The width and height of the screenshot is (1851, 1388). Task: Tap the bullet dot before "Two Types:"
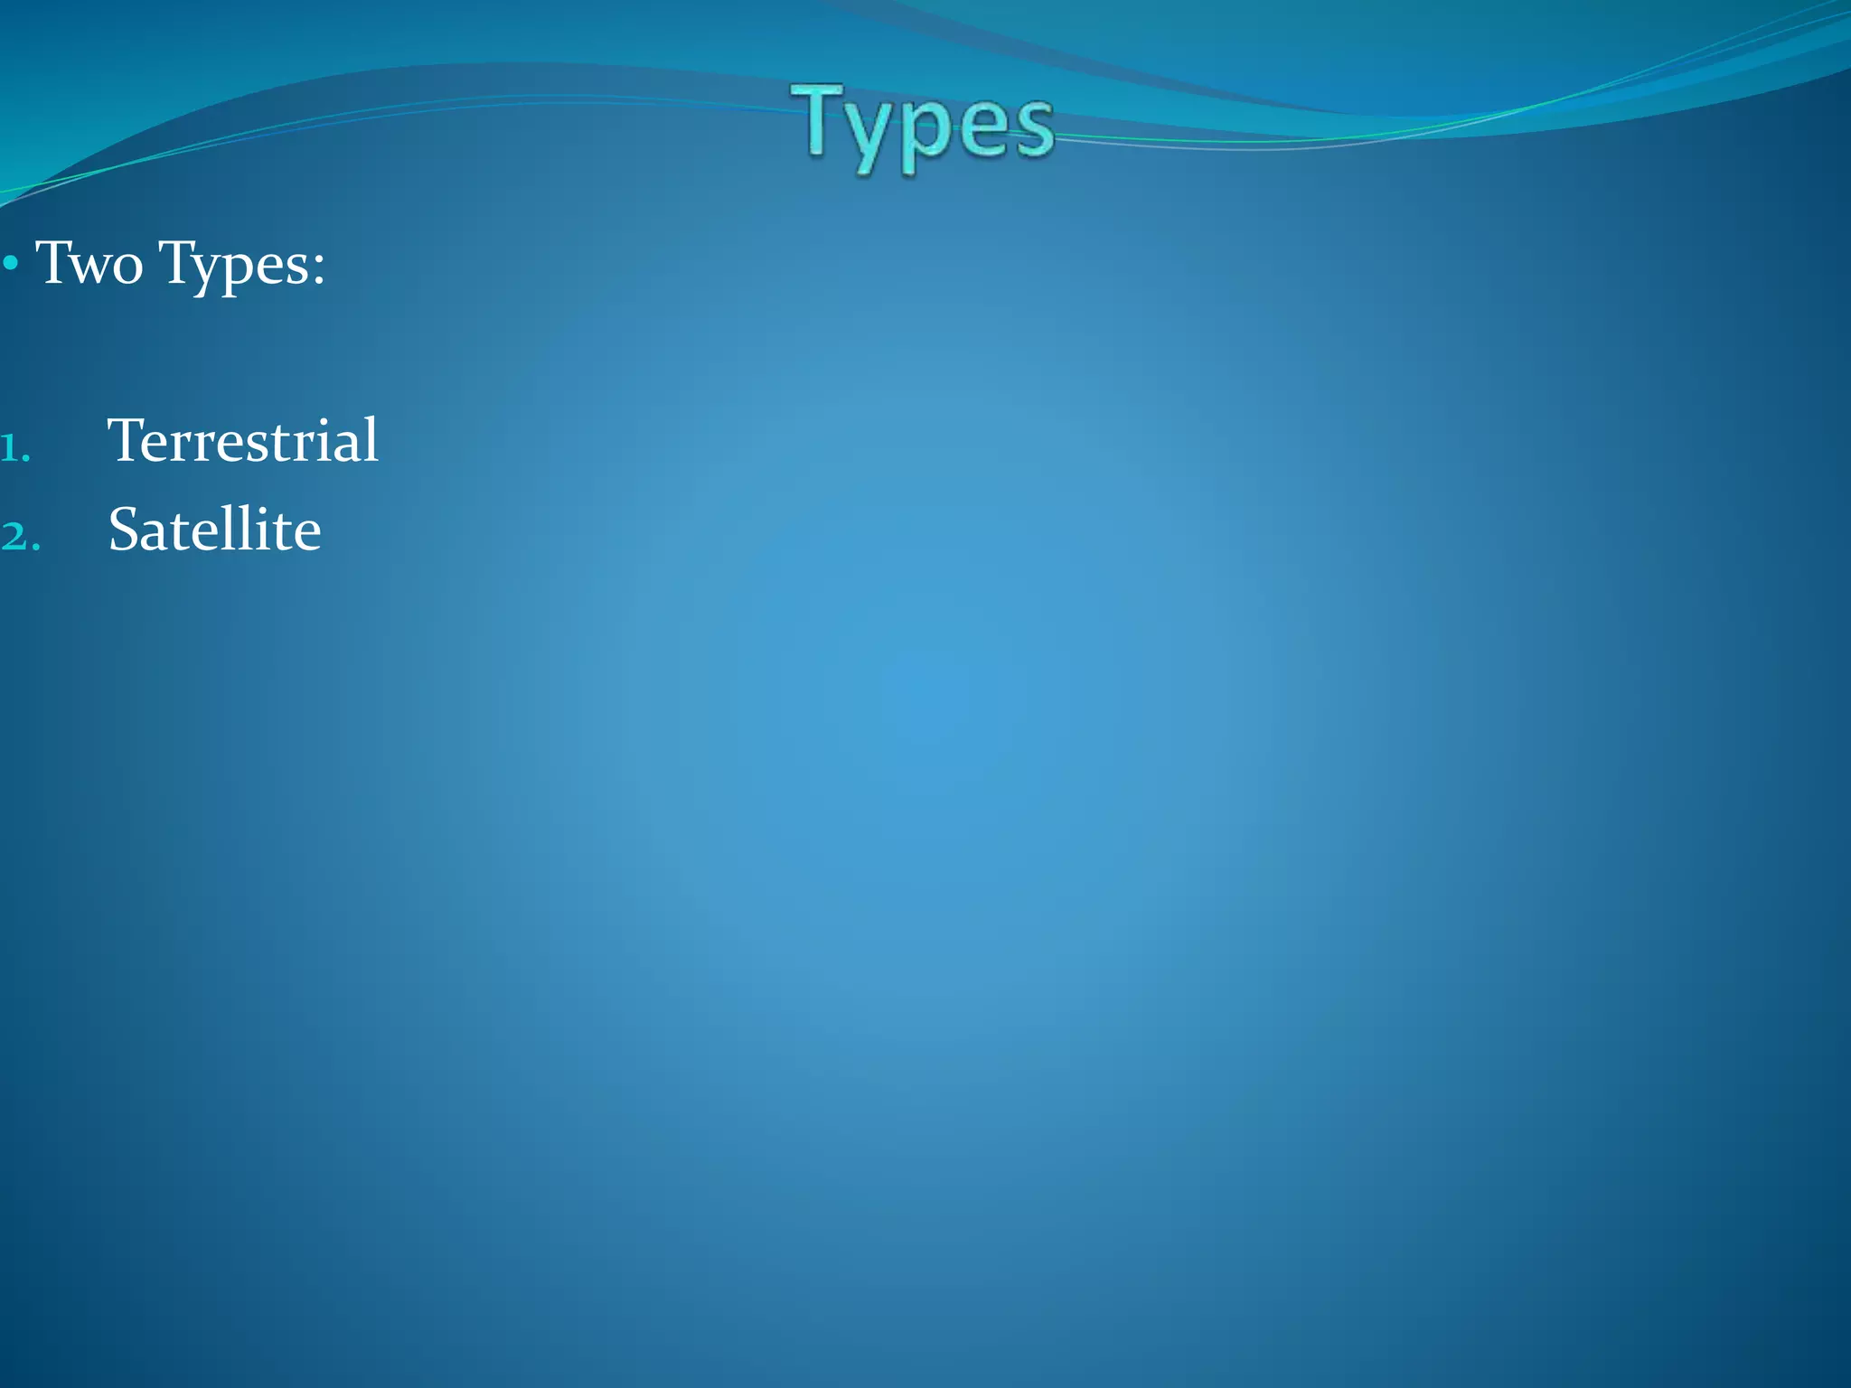pyautogui.click(x=11, y=265)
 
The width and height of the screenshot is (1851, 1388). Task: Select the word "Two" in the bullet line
pyautogui.click(x=89, y=263)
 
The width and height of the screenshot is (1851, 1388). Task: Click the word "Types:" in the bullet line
pyautogui.click(x=241, y=265)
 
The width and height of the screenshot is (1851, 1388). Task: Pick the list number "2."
pyautogui.click(x=19, y=537)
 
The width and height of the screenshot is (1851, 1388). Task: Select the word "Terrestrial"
pyautogui.click(x=242, y=440)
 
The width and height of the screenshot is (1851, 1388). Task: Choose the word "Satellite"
pyautogui.click(x=214, y=530)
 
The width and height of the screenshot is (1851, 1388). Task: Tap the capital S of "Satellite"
pyautogui.click(x=124, y=530)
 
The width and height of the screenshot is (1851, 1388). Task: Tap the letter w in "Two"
pyautogui.click(x=91, y=268)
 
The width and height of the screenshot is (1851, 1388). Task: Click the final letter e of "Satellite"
pyautogui.click(x=307, y=534)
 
